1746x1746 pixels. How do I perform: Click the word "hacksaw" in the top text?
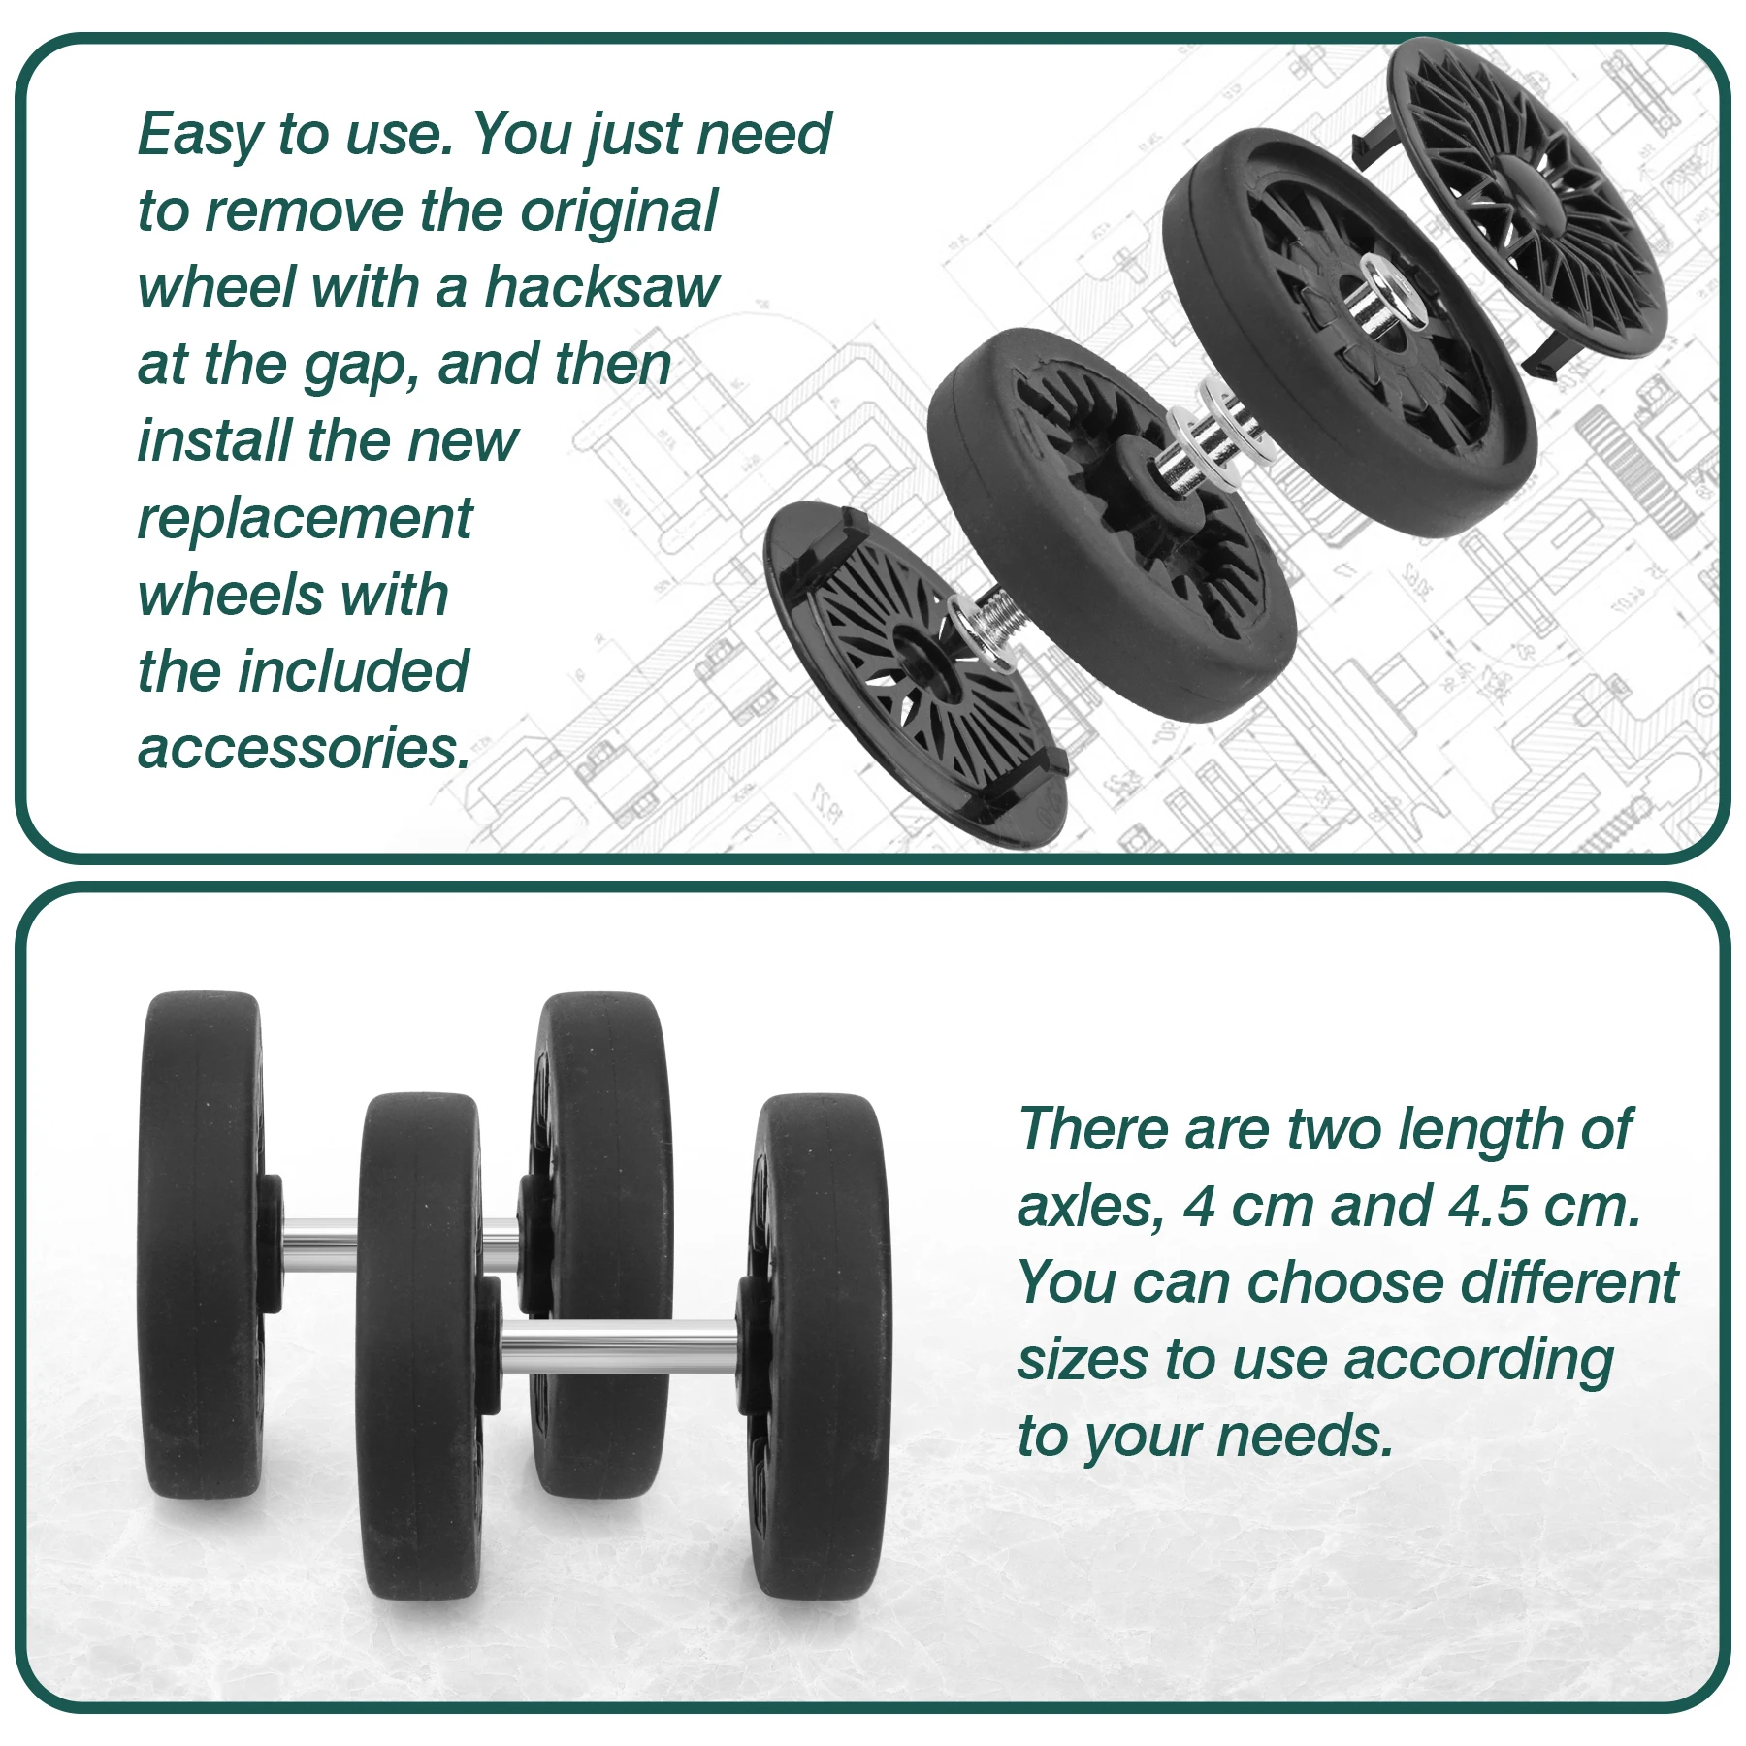coord(601,287)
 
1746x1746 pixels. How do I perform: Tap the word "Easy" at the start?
coord(200,136)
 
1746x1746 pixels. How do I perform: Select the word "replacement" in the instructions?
coord(305,520)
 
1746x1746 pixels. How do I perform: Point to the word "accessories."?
coord(304,748)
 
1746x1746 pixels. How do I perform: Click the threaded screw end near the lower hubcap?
coord(993,622)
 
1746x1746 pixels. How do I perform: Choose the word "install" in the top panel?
coord(212,441)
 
